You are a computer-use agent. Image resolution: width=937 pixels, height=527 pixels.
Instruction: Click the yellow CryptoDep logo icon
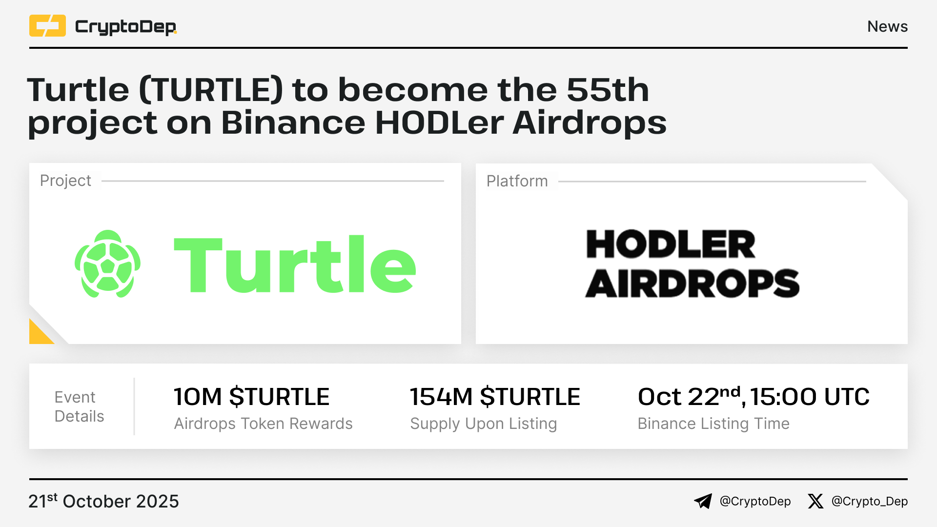(x=47, y=26)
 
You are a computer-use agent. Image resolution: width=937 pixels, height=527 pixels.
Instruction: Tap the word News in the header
(x=887, y=26)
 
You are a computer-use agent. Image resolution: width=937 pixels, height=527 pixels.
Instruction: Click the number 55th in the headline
(x=608, y=90)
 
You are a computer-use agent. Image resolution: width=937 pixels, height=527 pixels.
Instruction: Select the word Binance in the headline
(x=293, y=122)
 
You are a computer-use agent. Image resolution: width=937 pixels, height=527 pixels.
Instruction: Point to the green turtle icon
(x=107, y=264)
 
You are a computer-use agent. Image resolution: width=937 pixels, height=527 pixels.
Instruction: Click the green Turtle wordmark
(x=295, y=264)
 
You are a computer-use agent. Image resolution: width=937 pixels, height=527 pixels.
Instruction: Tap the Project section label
(x=65, y=181)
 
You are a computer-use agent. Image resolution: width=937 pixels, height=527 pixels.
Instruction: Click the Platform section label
(x=517, y=181)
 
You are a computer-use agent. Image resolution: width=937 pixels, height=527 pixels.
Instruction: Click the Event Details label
(x=79, y=406)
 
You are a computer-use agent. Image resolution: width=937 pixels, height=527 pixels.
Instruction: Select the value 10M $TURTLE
(x=252, y=397)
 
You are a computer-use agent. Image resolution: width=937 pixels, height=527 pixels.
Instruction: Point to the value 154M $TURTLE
(x=495, y=397)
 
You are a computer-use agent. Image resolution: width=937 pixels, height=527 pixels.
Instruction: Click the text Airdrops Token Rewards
(x=263, y=424)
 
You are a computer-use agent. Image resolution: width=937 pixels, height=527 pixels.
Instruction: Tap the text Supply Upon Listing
(x=483, y=424)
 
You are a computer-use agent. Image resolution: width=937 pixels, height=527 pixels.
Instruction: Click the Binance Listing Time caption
(x=713, y=424)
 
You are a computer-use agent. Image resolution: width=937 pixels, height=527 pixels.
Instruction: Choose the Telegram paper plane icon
(x=703, y=501)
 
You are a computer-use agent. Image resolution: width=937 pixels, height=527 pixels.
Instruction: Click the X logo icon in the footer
(x=815, y=501)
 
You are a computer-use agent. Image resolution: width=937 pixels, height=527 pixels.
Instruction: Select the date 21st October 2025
(x=103, y=501)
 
